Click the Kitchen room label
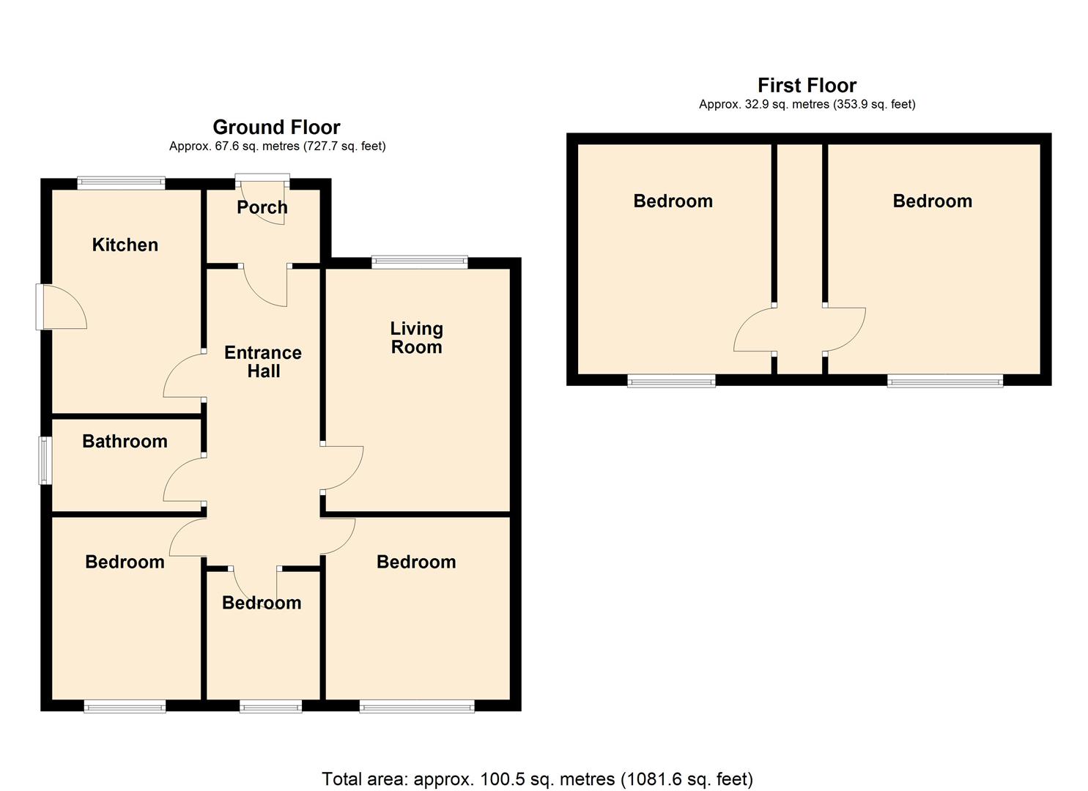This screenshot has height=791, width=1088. (x=125, y=245)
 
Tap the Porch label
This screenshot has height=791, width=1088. (x=262, y=207)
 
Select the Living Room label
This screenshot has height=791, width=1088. (x=416, y=338)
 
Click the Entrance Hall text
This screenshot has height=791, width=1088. (x=263, y=362)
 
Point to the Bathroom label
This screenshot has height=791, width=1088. (x=125, y=441)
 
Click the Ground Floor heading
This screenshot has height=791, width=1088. (x=276, y=127)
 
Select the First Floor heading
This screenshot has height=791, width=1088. (x=807, y=86)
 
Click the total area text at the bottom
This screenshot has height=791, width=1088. (x=537, y=779)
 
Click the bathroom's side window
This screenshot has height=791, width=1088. (x=45, y=460)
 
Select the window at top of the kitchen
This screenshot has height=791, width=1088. (x=122, y=183)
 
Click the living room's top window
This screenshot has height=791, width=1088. (x=419, y=262)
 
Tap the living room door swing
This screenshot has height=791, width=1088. (x=342, y=467)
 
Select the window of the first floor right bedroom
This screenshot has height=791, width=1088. (x=944, y=380)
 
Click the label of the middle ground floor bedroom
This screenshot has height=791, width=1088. (x=262, y=603)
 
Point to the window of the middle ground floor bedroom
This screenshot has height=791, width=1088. (x=270, y=706)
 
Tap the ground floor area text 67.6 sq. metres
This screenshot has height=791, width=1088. (x=277, y=146)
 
